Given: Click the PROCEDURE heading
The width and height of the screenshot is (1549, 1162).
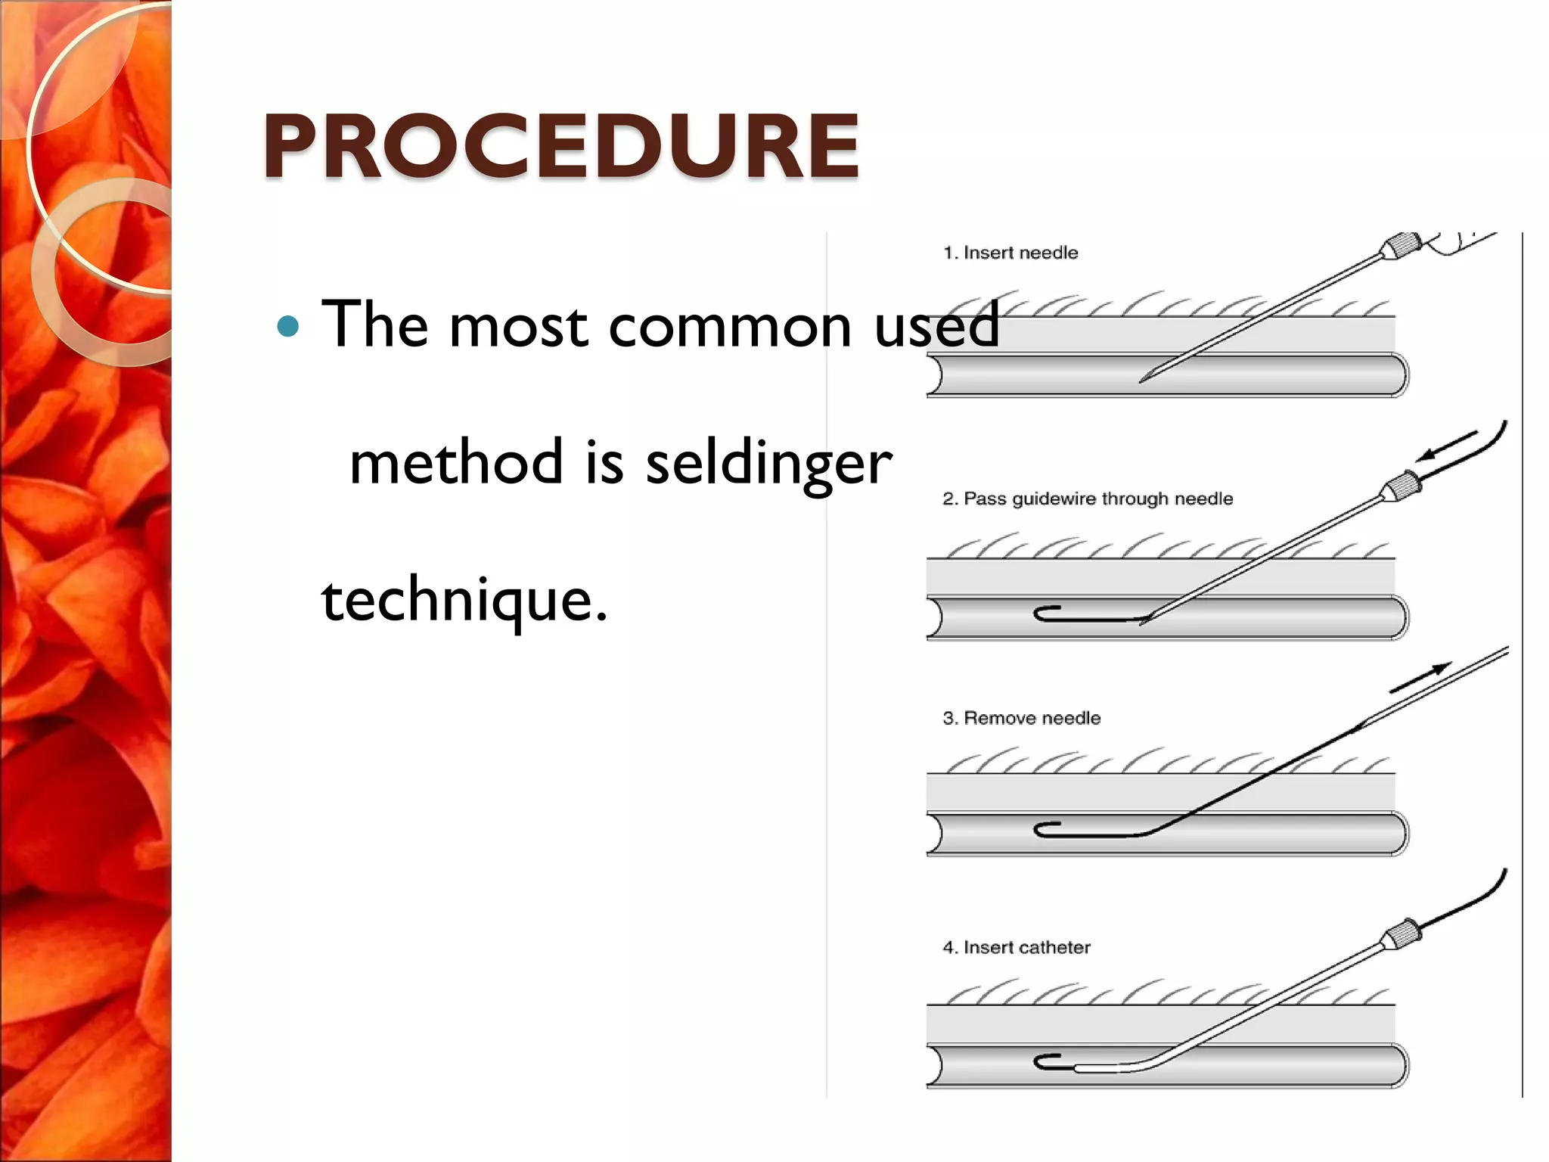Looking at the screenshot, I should [x=560, y=145].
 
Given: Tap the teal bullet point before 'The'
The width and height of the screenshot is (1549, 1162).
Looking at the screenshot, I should [x=288, y=327].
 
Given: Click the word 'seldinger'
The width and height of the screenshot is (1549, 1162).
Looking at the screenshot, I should [x=768, y=463].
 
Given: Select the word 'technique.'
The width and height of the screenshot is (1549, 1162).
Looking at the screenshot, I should [x=464, y=600].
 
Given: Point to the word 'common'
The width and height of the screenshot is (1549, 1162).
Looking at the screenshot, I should [x=730, y=326].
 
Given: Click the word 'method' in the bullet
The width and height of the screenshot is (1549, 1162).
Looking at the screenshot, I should [x=456, y=463].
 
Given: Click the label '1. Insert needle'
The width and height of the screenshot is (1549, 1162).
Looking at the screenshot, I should [x=1010, y=253].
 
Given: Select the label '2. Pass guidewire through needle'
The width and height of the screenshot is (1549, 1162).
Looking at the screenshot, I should [x=1088, y=499].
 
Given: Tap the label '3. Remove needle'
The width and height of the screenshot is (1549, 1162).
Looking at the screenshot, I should [x=1021, y=718].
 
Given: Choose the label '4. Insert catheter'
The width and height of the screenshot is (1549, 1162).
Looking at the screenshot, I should [x=1017, y=947].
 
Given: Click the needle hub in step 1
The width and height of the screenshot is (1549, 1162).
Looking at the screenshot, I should [x=1402, y=247].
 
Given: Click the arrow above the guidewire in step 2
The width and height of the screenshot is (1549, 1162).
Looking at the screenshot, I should [x=1445, y=446].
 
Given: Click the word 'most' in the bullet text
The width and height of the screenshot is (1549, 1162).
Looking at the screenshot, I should [x=518, y=326].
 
